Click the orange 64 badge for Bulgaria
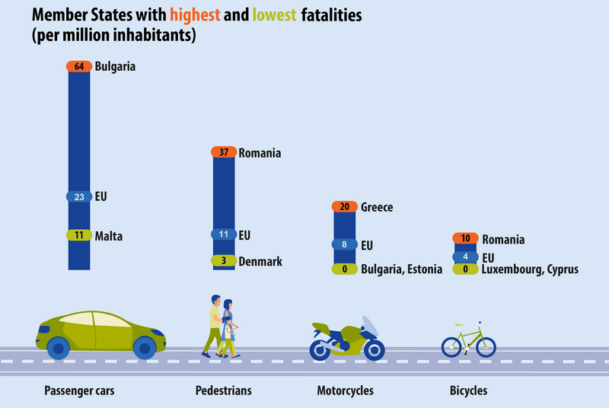click(x=79, y=66)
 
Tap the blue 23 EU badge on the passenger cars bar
click(x=79, y=196)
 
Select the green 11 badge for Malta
click(x=79, y=236)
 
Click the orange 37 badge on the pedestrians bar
click(x=223, y=153)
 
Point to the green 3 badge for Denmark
click(x=223, y=261)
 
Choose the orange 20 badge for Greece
click(x=345, y=207)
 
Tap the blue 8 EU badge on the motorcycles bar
click(x=345, y=245)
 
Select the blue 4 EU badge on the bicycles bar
click(x=465, y=258)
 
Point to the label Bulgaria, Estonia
click(x=401, y=269)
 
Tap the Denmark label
click(x=260, y=261)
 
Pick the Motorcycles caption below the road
click(x=345, y=391)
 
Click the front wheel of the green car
click(x=145, y=349)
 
